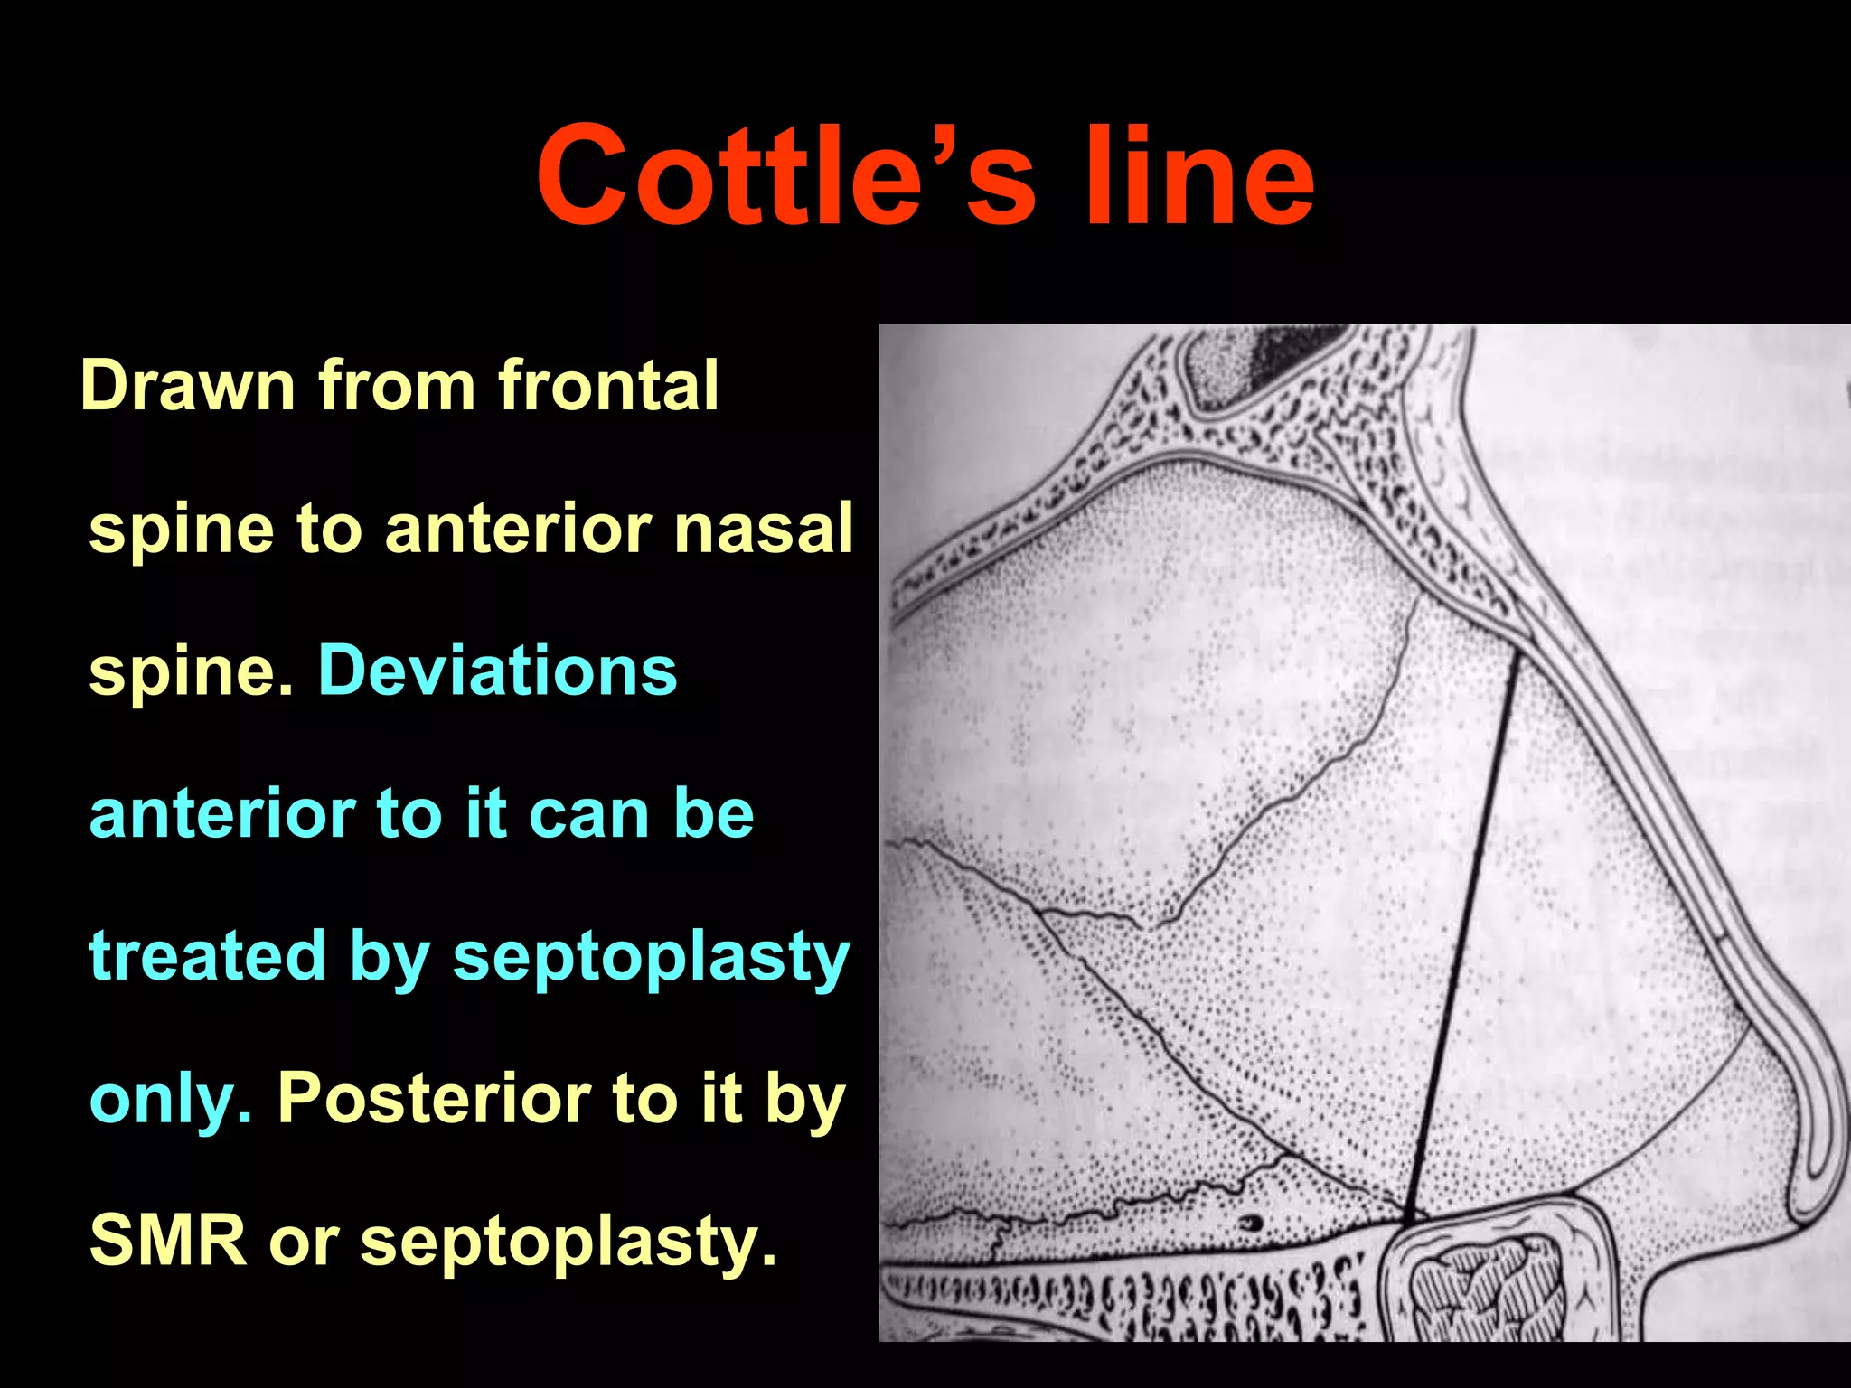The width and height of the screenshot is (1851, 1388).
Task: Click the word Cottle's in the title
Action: (x=785, y=176)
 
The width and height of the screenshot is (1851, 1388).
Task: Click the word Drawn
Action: (x=188, y=387)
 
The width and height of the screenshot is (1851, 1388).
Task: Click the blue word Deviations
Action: (x=497, y=671)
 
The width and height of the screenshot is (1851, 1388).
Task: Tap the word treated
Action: (x=207, y=956)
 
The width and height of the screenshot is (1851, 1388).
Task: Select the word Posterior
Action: (x=434, y=1099)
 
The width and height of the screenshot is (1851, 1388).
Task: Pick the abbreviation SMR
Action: (x=168, y=1241)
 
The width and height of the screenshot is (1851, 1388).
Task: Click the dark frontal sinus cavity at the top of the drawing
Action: (x=1265, y=361)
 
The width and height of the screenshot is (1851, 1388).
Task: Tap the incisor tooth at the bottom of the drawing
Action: (x=1491, y=1283)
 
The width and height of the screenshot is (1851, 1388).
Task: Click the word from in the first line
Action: (x=398, y=387)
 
